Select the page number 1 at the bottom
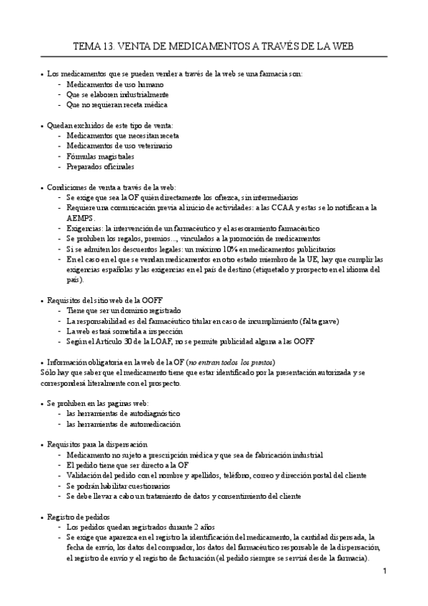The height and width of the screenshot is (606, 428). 384,571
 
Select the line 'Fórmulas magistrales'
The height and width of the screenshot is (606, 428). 100,156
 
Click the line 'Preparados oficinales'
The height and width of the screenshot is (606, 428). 100,167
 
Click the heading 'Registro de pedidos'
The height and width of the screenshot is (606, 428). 79,517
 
